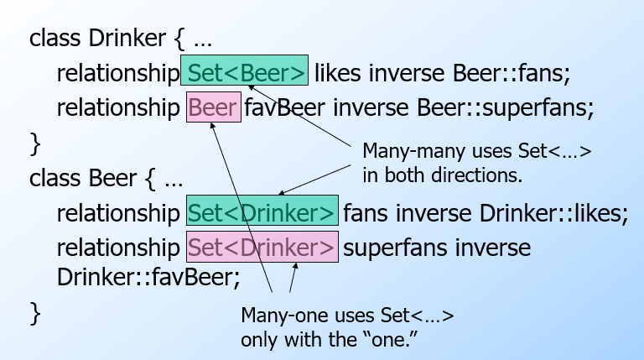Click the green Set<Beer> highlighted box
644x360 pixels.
pyautogui.click(x=245, y=73)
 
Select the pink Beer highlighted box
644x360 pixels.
pyautogui.click(x=214, y=108)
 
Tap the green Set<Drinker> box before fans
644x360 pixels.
pyautogui.click(x=262, y=212)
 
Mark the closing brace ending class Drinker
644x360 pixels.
pyautogui.click(x=34, y=143)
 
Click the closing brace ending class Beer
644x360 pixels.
pyautogui.click(x=34, y=311)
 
